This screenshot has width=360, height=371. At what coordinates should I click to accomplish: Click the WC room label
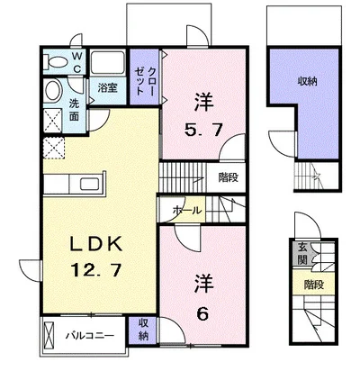[x=76, y=62]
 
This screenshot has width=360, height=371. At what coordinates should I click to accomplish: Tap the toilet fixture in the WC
[x=56, y=63]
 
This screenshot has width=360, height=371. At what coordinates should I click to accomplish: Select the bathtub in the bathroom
[x=108, y=62]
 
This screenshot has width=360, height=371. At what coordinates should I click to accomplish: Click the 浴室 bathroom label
[x=108, y=88]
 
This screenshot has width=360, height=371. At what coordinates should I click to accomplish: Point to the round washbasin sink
[x=53, y=90]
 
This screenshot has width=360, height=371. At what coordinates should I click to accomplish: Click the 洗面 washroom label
[x=74, y=110]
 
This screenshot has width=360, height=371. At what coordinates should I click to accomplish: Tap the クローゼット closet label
[x=145, y=77]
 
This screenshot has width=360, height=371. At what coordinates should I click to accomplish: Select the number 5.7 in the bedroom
[x=203, y=130]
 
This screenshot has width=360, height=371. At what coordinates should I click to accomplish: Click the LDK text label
[x=96, y=243]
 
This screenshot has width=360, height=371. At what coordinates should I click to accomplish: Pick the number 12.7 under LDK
[x=96, y=269]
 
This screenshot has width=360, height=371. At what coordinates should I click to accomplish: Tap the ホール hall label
[x=187, y=210]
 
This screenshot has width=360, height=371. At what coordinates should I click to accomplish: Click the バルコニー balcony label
[x=90, y=334]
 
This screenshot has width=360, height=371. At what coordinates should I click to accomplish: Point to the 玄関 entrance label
[x=302, y=254]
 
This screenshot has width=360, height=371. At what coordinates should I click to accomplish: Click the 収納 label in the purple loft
[x=307, y=81]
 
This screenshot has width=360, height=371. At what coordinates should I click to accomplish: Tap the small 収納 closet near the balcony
[x=143, y=330]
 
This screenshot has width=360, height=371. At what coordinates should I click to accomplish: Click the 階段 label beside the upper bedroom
[x=228, y=177]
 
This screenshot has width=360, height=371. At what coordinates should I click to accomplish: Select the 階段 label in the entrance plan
[x=314, y=285]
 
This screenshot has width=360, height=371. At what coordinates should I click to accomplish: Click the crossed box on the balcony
[x=49, y=334]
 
